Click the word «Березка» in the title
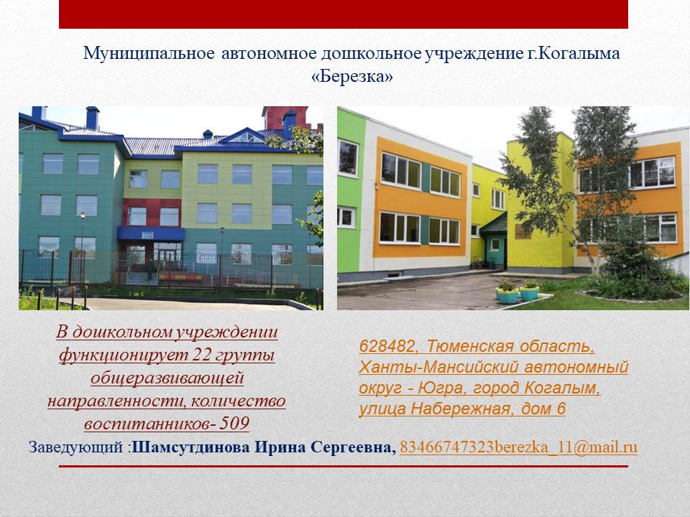[x=352, y=77]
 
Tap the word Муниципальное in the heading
[x=149, y=54]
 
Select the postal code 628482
[x=387, y=346]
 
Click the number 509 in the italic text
[x=234, y=424]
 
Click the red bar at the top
[x=344, y=14]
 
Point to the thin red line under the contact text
[x=344, y=466]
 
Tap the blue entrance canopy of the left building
[x=150, y=233]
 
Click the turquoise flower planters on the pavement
[x=517, y=293]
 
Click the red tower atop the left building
[x=286, y=118]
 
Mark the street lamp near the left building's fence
[x=82, y=246]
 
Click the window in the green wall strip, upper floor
[x=348, y=158]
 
